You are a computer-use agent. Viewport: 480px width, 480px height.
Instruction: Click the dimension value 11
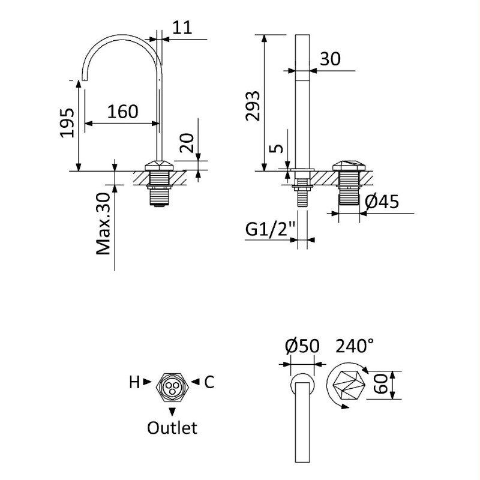click(x=182, y=28)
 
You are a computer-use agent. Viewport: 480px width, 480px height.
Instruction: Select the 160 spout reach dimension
click(x=122, y=112)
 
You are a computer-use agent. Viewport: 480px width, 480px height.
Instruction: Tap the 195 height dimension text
click(x=67, y=123)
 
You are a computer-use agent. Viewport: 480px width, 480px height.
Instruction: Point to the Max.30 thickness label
click(x=103, y=224)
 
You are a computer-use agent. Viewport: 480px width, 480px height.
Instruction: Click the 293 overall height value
click(x=253, y=106)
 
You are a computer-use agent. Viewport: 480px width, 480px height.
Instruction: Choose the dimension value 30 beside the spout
click(x=330, y=59)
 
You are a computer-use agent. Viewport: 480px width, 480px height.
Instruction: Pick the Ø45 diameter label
click(x=382, y=202)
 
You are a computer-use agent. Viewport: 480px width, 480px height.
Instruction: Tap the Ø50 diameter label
click(x=302, y=346)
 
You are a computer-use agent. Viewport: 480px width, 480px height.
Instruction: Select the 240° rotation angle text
click(x=355, y=346)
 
